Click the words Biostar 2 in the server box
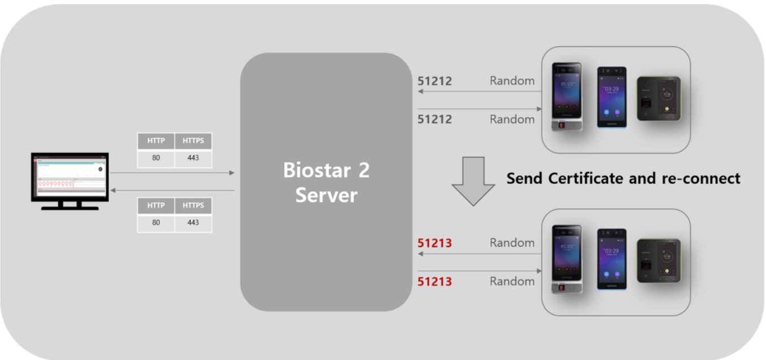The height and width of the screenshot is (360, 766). tap(326, 170)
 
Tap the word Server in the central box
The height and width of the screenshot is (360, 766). tap(326, 195)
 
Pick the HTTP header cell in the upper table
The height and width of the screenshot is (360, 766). tap(156, 141)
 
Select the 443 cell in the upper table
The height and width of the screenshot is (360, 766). tap(193, 158)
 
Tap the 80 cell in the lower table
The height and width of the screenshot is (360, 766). tap(156, 223)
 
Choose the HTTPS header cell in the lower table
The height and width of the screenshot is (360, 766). tap(193, 205)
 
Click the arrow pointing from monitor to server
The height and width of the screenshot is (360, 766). tap(172, 173)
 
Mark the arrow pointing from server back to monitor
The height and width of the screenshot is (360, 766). tap(172, 190)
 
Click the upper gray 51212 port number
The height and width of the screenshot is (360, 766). tap(434, 81)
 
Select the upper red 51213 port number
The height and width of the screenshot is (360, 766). tap(434, 243)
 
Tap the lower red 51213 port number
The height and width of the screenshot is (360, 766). tap(434, 281)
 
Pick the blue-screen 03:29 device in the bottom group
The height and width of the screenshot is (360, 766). tap(612, 259)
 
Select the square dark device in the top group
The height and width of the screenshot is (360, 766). tap(659, 98)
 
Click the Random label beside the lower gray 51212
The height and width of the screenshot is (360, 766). tap(512, 119)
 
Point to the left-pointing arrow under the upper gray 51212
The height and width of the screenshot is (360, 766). tap(479, 91)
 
